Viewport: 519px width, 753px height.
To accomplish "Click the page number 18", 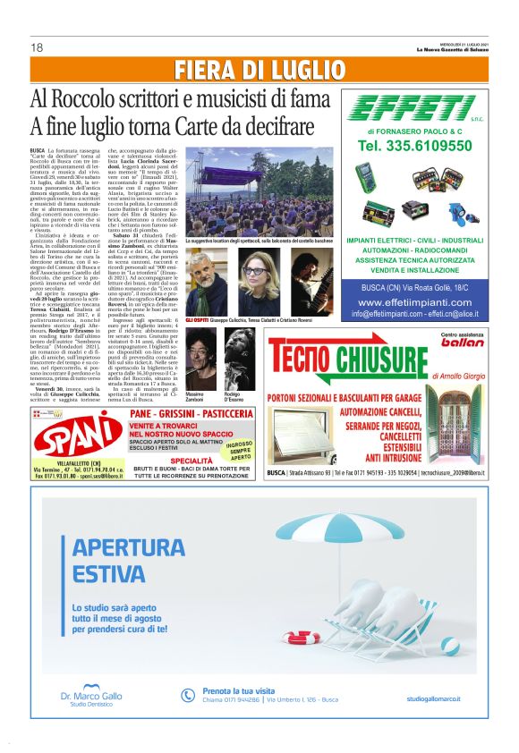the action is point(38,47).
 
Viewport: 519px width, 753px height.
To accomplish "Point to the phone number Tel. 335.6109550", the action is point(414,145).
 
